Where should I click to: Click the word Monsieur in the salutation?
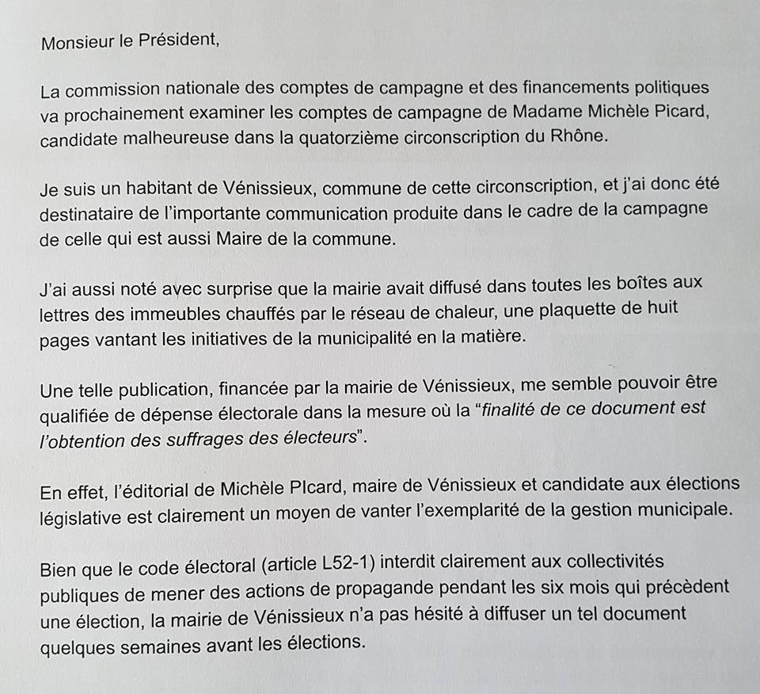77,43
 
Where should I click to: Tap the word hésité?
473,613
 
